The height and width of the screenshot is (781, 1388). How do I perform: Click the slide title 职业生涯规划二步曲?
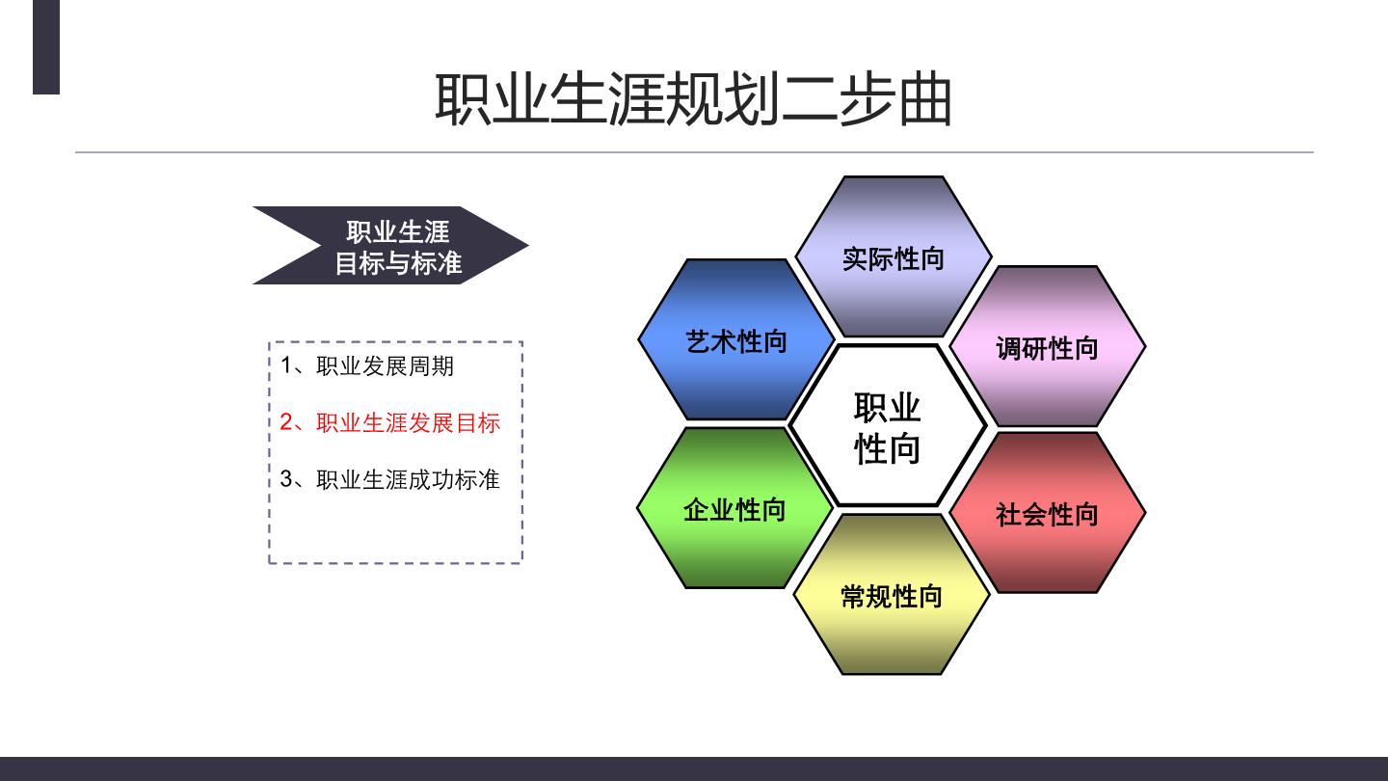point(693,99)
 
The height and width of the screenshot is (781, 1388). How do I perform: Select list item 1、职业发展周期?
point(367,365)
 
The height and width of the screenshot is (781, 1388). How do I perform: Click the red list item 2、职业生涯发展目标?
point(389,422)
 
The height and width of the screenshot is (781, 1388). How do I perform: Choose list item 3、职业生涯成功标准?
point(389,479)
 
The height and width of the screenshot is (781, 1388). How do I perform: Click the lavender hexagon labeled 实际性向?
point(893,256)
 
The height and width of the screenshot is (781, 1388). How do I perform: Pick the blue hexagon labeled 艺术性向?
point(736,339)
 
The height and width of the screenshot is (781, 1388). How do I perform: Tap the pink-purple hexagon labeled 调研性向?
point(1047,346)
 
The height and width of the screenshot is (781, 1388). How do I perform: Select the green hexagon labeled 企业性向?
point(734,507)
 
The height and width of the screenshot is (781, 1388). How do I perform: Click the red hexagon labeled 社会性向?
point(1047,513)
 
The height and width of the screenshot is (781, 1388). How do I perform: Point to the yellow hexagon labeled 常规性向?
point(892,594)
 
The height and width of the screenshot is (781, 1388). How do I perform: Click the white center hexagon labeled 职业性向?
point(888,426)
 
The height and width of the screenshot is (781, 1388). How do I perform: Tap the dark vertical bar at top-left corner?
point(46,47)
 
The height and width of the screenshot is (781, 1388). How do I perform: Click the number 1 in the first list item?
point(285,365)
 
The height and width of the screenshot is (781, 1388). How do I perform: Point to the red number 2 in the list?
point(286,422)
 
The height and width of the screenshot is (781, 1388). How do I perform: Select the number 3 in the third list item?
point(286,478)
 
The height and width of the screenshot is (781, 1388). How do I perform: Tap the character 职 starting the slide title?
point(463,99)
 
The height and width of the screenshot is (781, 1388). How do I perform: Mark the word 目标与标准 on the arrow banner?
point(398,263)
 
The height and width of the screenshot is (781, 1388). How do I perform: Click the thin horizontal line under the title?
point(694,152)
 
